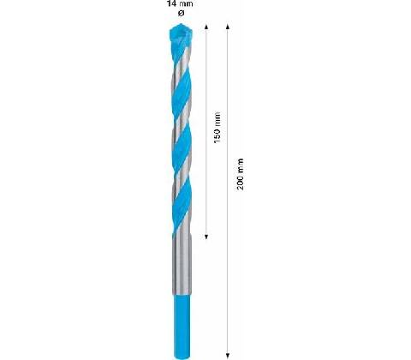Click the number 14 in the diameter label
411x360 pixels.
coord(171,3)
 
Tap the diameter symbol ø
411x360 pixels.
coord(181,13)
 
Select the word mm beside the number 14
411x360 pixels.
coord(186,4)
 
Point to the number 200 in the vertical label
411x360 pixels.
coord(241,183)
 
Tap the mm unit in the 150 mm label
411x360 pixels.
coord(217,119)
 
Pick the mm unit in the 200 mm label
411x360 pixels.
coord(241,166)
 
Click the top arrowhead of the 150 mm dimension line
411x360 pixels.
coord(206,27)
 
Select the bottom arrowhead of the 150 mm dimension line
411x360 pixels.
coord(206,237)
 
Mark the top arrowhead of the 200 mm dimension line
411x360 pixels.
coord(228,27)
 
